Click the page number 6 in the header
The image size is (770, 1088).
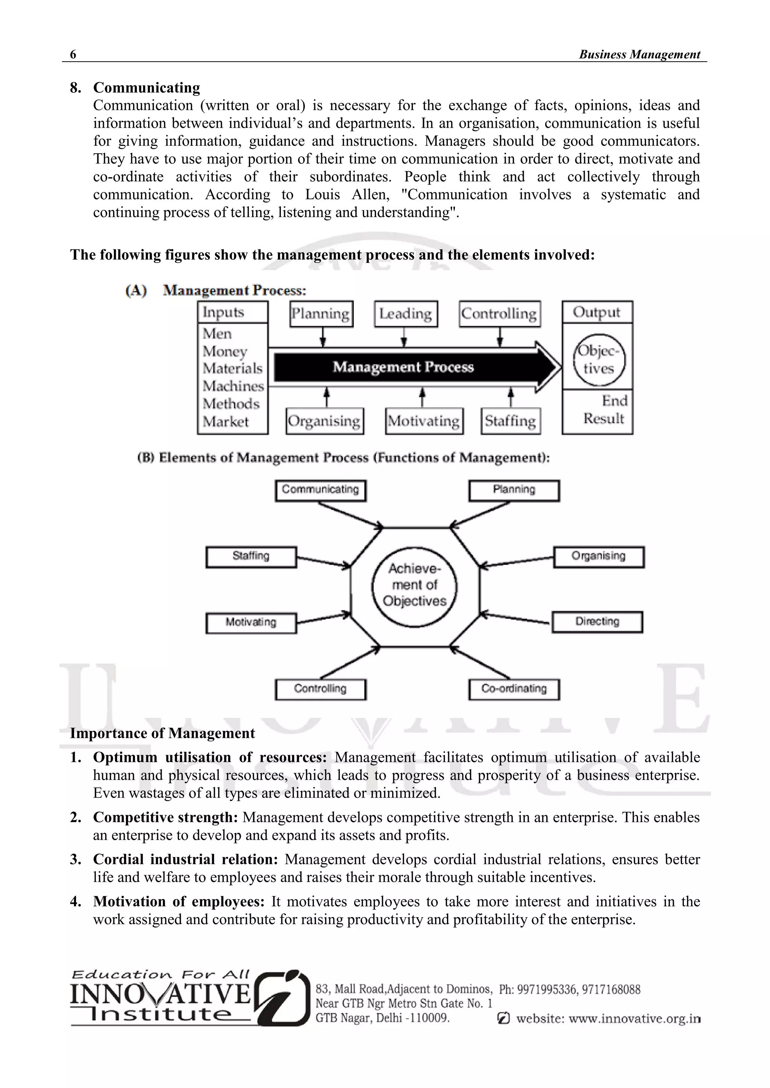(x=73, y=54)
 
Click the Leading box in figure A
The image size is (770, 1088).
(x=405, y=314)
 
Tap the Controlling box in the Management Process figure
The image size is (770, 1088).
(x=499, y=314)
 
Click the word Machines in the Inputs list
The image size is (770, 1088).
(x=233, y=386)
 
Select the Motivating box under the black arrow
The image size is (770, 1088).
(x=424, y=421)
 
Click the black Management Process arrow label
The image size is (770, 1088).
(x=403, y=367)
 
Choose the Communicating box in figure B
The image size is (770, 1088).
(x=320, y=490)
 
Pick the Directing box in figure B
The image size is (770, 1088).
(x=597, y=622)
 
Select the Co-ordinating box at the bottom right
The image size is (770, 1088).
(x=514, y=689)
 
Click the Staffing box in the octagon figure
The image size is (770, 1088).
(x=251, y=556)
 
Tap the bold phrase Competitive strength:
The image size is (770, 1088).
(x=165, y=818)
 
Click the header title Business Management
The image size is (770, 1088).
(x=639, y=54)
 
